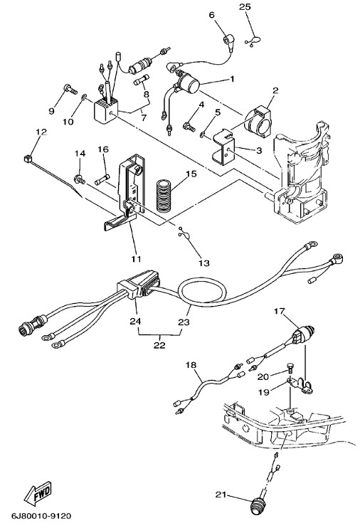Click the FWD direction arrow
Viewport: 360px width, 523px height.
click(x=38, y=493)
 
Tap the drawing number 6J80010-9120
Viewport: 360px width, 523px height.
click(x=42, y=516)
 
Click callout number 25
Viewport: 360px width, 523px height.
click(x=245, y=7)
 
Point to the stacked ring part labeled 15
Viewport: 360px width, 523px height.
click(x=164, y=196)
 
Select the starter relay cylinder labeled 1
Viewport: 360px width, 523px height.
click(x=189, y=82)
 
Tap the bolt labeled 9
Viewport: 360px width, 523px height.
click(x=70, y=89)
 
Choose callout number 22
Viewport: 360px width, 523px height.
click(x=159, y=344)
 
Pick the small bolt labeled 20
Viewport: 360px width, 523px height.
click(x=290, y=369)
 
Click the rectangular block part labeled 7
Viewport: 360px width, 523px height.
click(x=105, y=110)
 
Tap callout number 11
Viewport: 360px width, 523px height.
click(x=136, y=258)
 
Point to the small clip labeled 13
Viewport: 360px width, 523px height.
click(x=184, y=233)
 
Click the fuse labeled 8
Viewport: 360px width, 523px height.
click(x=139, y=81)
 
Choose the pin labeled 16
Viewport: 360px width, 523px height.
click(x=102, y=181)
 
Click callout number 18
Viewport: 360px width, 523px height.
click(x=191, y=364)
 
